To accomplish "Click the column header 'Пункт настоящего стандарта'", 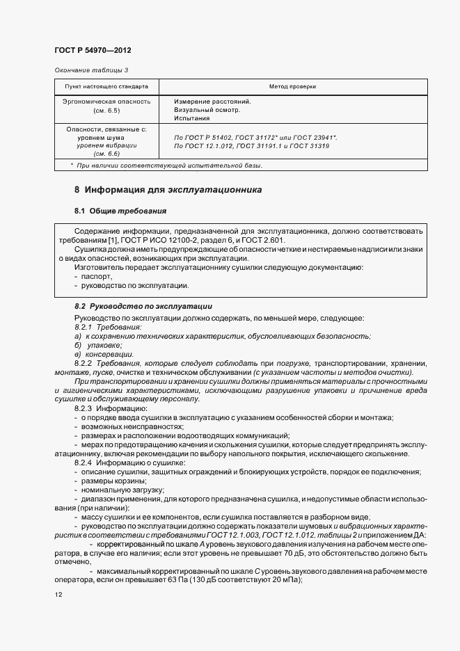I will [x=106, y=87].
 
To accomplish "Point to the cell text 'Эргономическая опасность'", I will [x=106, y=101].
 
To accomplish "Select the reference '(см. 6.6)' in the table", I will [x=106, y=155].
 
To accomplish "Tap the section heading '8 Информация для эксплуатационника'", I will [x=168, y=190].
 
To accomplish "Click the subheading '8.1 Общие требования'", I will [x=120, y=210].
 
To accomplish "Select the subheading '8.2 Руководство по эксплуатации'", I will [x=143, y=306].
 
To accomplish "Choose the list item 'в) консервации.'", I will [x=104, y=354].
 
